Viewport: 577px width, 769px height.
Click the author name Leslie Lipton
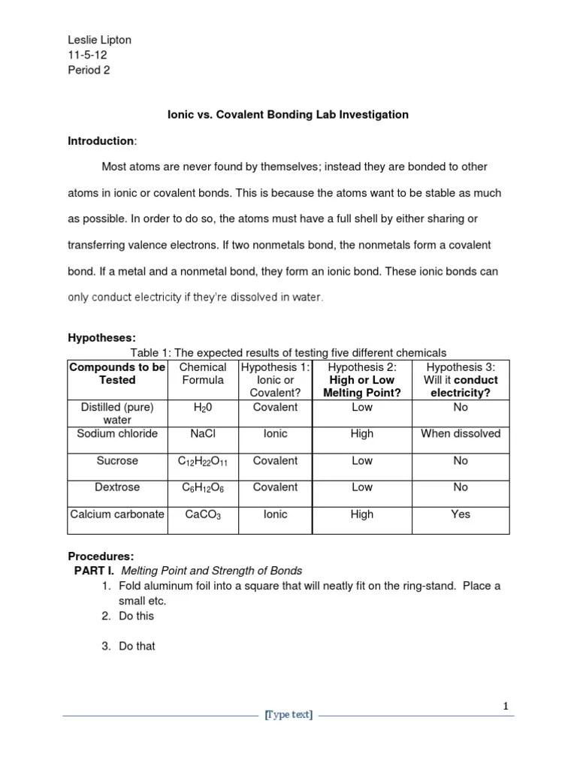tap(100, 40)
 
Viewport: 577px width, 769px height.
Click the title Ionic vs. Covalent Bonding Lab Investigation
tap(288, 115)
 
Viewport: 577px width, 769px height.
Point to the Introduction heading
tap(101, 141)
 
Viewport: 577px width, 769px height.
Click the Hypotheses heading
tap(101, 339)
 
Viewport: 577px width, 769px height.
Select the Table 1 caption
tap(288, 353)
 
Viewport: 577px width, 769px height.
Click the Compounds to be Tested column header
tap(117, 373)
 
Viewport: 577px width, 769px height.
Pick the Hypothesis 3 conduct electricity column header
tap(461, 380)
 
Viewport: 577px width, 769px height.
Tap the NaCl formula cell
tap(203, 434)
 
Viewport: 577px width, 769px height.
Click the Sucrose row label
tap(117, 461)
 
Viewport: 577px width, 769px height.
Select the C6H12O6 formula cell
tap(203, 488)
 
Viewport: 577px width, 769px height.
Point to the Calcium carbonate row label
tap(117, 514)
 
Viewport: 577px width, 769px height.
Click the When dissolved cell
tap(461, 434)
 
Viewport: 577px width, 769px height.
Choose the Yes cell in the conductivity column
tap(461, 514)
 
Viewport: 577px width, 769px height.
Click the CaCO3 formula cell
tap(203, 515)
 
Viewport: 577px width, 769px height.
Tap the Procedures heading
tap(101, 556)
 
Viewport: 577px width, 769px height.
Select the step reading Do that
tap(137, 646)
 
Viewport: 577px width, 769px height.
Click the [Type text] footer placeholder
tap(288, 716)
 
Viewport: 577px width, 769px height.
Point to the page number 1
tap(507, 706)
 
